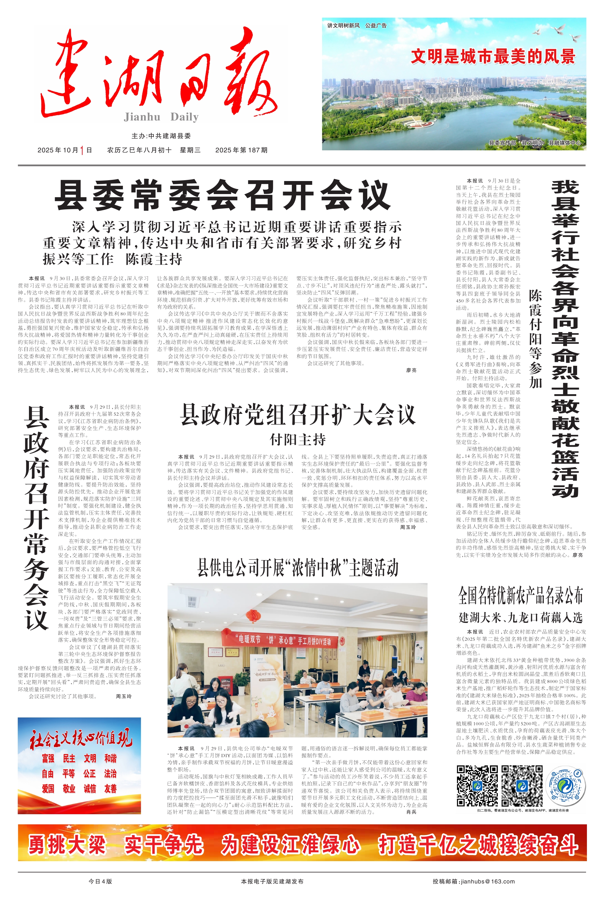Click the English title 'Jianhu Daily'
161,117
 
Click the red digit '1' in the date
82,150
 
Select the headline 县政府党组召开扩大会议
298,415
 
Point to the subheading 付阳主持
298,439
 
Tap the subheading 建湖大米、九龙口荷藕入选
520,618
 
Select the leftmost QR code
477,786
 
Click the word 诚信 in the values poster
90,788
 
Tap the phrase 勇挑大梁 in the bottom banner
67,845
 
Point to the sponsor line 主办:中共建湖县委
161,136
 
